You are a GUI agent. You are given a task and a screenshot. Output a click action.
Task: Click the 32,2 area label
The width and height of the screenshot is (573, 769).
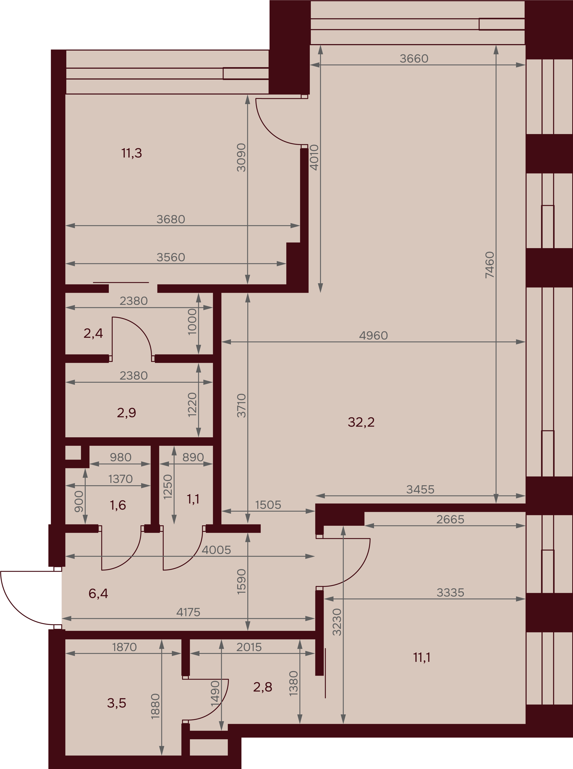(x=361, y=422)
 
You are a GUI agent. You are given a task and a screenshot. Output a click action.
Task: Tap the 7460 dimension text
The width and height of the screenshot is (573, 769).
(x=490, y=265)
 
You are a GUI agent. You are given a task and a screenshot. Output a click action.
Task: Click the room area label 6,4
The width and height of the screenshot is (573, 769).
(x=98, y=594)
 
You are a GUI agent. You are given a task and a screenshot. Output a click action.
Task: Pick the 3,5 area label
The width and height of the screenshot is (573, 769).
(x=116, y=703)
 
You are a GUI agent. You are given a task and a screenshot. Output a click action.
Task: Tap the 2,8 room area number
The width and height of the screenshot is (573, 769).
(x=263, y=687)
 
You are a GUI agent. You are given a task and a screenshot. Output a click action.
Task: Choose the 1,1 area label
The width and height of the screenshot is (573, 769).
(x=193, y=499)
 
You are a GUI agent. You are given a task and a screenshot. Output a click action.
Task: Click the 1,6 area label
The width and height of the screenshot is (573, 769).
(x=118, y=505)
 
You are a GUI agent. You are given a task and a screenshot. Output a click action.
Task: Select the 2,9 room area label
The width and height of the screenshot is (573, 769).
(x=126, y=413)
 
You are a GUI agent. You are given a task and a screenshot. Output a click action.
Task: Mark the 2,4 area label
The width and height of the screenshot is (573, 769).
(x=93, y=333)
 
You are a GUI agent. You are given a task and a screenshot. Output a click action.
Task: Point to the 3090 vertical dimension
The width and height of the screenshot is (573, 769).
(x=241, y=158)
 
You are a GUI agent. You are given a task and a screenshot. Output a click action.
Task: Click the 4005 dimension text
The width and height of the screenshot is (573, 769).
(x=216, y=550)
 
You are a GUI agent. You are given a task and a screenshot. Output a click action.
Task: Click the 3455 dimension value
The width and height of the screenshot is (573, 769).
(x=420, y=490)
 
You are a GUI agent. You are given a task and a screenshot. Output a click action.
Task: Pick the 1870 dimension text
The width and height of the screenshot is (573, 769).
(x=124, y=647)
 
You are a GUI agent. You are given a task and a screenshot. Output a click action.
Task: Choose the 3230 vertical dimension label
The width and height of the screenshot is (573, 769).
(x=337, y=622)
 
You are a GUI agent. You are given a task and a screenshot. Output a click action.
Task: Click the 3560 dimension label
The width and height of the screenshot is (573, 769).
(x=171, y=257)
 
